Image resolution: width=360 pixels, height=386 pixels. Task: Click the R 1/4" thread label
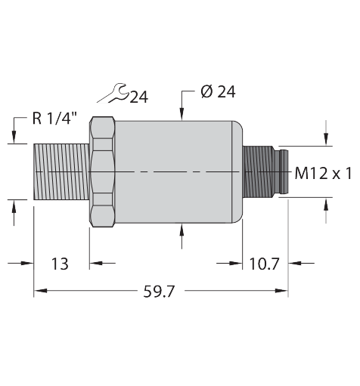(54, 118)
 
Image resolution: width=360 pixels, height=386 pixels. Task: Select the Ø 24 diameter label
(218, 91)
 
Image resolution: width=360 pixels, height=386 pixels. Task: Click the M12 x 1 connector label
(323, 174)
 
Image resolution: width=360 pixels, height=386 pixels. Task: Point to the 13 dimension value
(60, 264)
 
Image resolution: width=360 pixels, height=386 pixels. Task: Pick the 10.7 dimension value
(264, 264)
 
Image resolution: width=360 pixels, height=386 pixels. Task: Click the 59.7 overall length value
(159, 292)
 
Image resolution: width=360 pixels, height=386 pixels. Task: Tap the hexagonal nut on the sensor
(103, 171)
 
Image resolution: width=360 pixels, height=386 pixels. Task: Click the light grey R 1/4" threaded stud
(62, 171)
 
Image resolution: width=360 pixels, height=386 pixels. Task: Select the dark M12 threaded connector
(265, 171)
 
